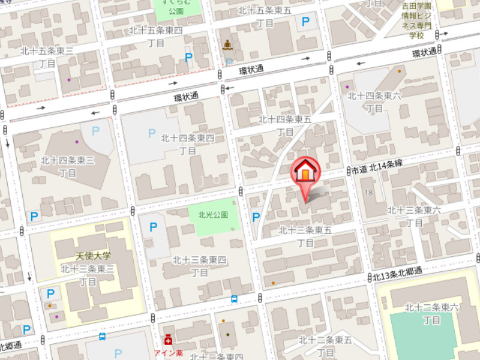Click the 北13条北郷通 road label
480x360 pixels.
point(397,275)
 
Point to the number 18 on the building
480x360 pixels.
point(368,192)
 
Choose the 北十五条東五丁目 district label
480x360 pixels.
point(265,16)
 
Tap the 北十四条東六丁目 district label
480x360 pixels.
point(374,101)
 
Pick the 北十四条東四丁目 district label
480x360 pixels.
point(187,145)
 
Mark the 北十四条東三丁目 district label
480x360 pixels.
point(67,166)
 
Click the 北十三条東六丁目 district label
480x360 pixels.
point(414,216)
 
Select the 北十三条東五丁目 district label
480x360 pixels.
point(305,236)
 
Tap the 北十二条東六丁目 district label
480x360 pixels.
point(431,314)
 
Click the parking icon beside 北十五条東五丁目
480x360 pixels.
point(306,23)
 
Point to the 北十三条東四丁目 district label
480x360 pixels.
point(200,266)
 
